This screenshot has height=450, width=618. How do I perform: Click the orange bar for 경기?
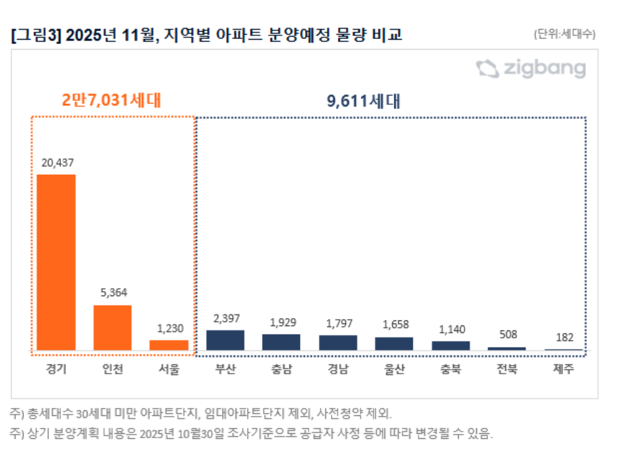point(56,262)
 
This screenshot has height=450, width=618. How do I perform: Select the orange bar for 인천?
point(112,327)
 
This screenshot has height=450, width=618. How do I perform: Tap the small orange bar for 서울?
point(169,345)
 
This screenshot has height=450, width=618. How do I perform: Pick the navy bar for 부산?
point(225,340)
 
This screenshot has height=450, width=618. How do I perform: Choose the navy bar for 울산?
point(394,343)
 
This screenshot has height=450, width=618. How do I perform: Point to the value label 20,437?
point(57,163)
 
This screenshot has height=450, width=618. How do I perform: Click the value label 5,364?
point(112,293)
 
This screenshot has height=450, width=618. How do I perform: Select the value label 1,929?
point(281,322)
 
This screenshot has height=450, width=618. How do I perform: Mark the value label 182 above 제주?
point(564,338)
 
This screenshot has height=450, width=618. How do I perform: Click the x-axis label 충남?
point(281,370)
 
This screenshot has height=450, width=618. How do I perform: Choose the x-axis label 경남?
point(338,370)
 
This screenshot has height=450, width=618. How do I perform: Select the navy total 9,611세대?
point(363,100)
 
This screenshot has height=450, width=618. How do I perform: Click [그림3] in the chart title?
point(35,35)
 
